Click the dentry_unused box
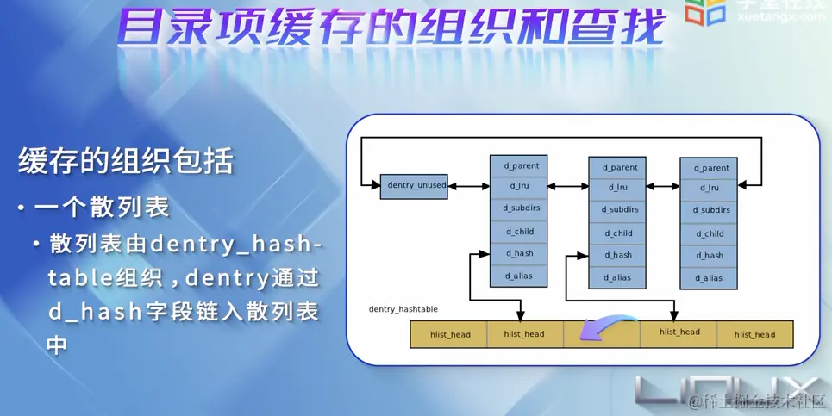(x=414, y=186)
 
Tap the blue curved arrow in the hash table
(x=601, y=331)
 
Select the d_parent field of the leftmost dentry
(x=520, y=165)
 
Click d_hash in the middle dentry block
(x=617, y=255)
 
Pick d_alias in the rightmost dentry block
(x=709, y=278)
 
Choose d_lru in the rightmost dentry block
(x=709, y=188)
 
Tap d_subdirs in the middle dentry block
(x=617, y=210)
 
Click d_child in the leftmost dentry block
(x=520, y=231)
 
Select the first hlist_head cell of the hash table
(x=448, y=334)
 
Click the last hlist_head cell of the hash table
(x=754, y=334)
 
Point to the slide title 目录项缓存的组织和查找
(x=393, y=28)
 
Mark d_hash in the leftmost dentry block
(x=520, y=253)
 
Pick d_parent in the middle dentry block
(x=617, y=167)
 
